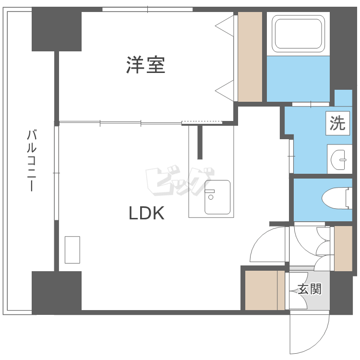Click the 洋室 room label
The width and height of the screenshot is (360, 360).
(x=145, y=65)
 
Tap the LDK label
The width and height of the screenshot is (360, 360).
(x=147, y=213)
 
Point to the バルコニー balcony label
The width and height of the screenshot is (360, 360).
(x=32, y=160)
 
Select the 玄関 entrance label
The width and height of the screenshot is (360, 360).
(x=310, y=289)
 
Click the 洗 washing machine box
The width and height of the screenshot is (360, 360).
(x=337, y=123)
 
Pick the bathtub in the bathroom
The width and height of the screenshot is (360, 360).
(x=298, y=34)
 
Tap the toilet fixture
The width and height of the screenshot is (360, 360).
(x=337, y=198)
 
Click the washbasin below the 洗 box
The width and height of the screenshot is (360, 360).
(x=338, y=159)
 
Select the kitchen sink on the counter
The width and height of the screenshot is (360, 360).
(x=217, y=197)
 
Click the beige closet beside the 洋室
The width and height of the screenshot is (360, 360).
(x=250, y=57)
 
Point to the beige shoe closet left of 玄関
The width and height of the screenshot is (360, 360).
(x=264, y=290)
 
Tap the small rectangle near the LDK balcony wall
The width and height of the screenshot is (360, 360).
(x=72, y=250)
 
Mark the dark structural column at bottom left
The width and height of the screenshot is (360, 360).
(x=57, y=293)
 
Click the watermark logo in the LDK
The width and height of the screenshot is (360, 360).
(x=180, y=181)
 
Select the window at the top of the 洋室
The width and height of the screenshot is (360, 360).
(x=147, y=10)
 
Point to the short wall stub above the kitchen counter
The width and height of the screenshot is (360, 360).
(x=200, y=142)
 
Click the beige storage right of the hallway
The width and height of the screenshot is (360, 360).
(x=343, y=249)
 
